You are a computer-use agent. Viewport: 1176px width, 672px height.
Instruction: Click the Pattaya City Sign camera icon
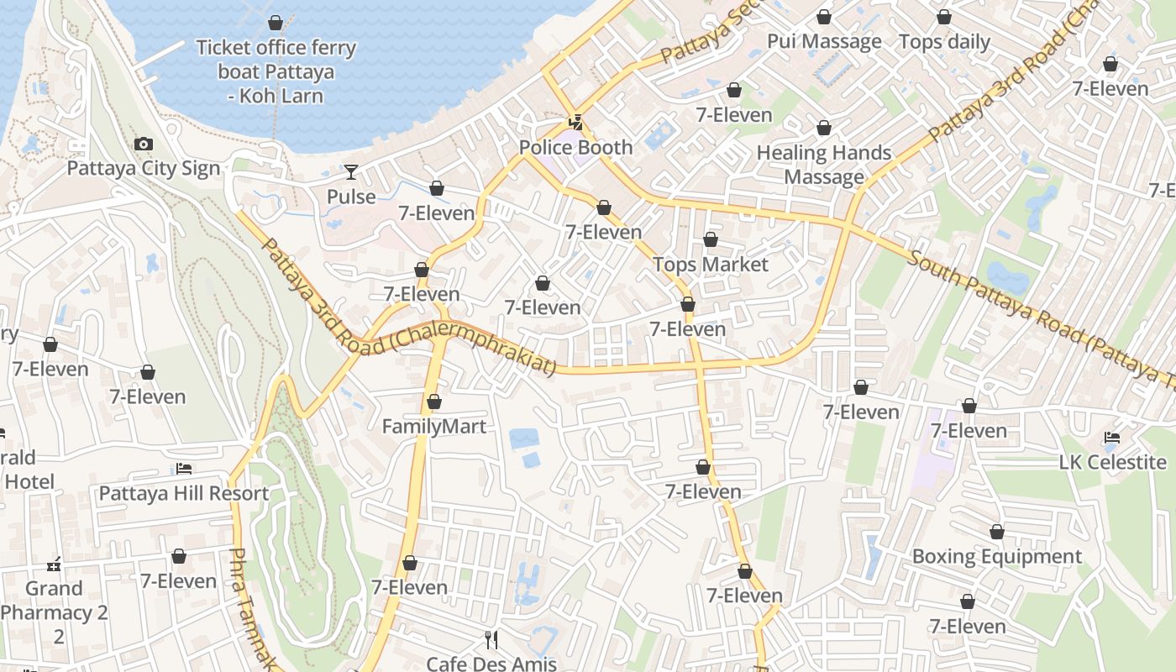click(144, 144)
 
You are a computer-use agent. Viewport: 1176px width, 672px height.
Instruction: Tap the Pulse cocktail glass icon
click(351, 172)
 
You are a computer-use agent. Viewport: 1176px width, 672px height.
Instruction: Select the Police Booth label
click(575, 148)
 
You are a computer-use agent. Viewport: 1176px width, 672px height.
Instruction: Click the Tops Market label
click(711, 265)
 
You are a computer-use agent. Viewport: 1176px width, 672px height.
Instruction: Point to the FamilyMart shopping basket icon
click(434, 402)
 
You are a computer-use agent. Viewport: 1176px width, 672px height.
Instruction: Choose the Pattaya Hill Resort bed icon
click(184, 469)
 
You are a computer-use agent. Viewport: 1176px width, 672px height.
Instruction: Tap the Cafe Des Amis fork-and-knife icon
click(491, 640)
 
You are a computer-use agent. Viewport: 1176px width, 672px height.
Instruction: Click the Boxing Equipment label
click(996, 557)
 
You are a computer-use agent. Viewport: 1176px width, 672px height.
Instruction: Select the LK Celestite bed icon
click(1112, 438)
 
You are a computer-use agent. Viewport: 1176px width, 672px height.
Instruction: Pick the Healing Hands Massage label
click(824, 165)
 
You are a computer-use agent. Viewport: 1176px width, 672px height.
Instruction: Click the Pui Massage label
click(824, 41)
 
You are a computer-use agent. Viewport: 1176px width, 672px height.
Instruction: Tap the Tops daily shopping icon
click(944, 17)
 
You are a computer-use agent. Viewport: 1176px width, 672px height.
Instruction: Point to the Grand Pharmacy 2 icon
click(55, 564)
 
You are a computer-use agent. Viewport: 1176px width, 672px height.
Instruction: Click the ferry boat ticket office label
click(276, 71)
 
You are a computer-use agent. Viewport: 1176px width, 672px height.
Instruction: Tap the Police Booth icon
click(576, 123)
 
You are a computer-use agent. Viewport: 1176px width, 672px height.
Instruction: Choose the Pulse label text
click(351, 197)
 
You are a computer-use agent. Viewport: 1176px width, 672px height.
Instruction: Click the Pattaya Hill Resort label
click(184, 493)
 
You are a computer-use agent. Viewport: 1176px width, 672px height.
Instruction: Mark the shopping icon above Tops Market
click(711, 240)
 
